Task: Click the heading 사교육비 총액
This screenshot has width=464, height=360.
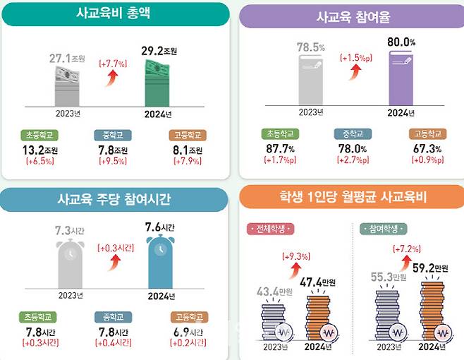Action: (x=116, y=13)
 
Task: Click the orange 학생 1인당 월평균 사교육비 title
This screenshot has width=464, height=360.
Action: (x=352, y=198)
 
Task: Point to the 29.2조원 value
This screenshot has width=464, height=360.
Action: (x=161, y=51)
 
